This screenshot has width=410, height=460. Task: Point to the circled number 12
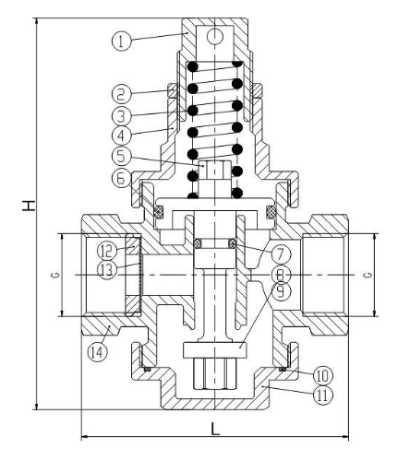107,249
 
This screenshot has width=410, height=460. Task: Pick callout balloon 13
107,268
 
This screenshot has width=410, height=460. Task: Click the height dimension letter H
16,215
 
